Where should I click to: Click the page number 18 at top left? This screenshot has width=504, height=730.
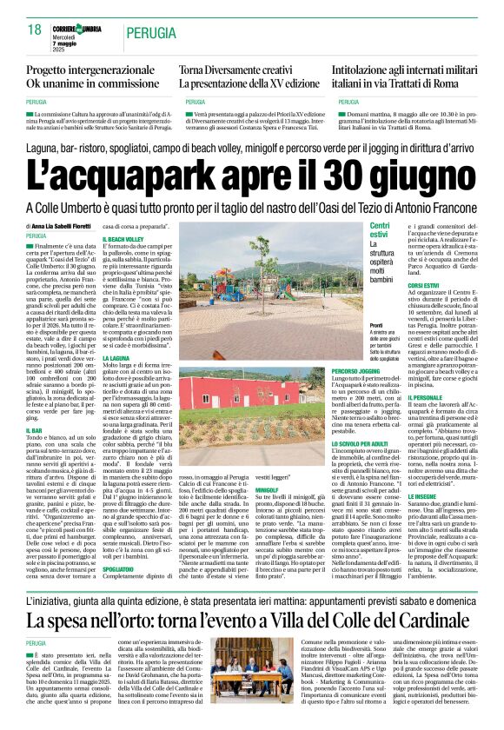(34, 30)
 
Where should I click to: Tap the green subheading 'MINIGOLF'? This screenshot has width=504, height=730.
(269, 490)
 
